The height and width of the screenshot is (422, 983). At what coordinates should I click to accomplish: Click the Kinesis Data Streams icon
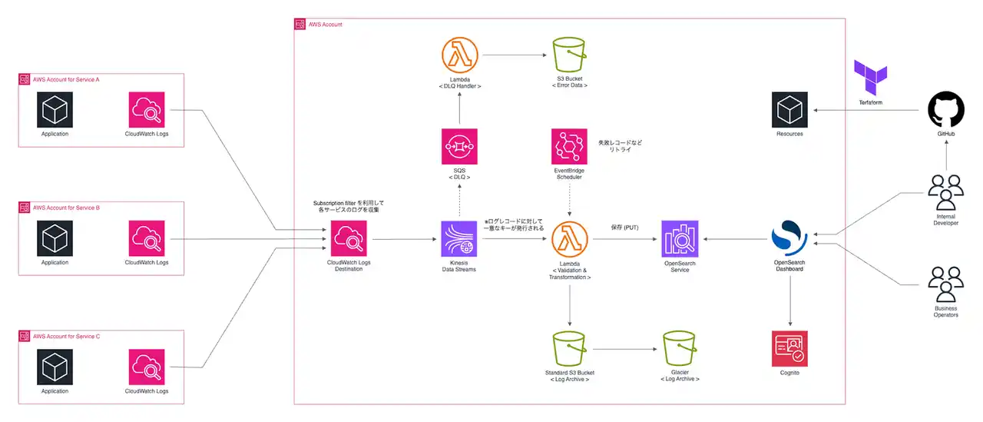[x=459, y=239]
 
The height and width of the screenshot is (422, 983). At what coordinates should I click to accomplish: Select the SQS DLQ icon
[x=459, y=147]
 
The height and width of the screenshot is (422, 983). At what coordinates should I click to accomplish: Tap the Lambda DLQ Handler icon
[x=460, y=55]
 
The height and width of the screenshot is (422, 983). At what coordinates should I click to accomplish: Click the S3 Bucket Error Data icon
[x=570, y=55]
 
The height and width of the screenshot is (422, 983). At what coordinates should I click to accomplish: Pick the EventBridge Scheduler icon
[x=569, y=147]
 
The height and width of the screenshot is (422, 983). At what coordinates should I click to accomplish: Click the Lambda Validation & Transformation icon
[x=570, y=239]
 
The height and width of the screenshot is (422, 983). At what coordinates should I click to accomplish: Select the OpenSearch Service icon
[x=680, y=239]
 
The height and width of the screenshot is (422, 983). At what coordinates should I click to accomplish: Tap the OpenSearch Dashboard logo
[x=789, y=238]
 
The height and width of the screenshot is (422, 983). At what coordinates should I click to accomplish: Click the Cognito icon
[x=789, y=349]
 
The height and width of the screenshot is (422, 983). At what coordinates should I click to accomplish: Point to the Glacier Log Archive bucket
[x=680, y=349]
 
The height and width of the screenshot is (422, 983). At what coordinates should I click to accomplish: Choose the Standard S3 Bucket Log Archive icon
[x=570, y=349]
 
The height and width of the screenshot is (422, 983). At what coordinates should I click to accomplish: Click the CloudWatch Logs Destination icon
[x=349, y=238]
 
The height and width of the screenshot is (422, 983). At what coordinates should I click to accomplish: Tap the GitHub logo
[x=946, y=110]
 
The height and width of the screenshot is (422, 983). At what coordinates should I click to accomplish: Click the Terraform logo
[x=871, y=78]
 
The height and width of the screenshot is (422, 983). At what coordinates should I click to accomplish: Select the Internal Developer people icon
[x=946, y=193]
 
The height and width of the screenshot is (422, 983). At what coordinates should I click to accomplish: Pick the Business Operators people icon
[x=946, y=284]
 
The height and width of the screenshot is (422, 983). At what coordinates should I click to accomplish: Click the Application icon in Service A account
[x=55, y=110]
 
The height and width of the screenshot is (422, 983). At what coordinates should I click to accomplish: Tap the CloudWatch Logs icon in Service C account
[x=147, y=367]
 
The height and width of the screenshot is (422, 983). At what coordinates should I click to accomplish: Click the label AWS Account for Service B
[x=66, y=208]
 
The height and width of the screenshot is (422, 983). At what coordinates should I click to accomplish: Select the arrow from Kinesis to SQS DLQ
[x=459, y=201]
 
